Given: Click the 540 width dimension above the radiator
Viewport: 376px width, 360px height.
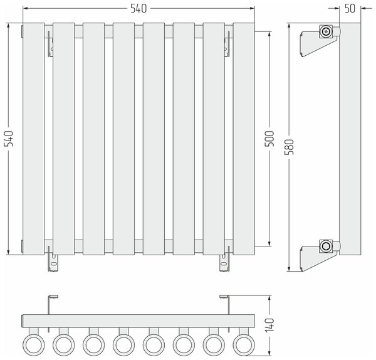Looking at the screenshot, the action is pyautogui.click(x=138, y=9).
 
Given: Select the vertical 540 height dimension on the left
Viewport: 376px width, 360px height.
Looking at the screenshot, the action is pyautogui.click(x=9, y=139).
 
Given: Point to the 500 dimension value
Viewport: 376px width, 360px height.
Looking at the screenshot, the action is pyautogui.click(x=269, y=139).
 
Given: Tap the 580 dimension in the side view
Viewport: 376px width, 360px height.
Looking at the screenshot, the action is pyautogui.click(x=289, y=147).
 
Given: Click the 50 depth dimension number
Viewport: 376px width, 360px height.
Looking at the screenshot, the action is pyautogui.click(x=350, y=9).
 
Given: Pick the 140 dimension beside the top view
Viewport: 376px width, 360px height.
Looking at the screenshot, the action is pyautogui.click(x=269, y=326).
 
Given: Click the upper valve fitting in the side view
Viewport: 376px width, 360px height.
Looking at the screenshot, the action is pyautogui.click(x=326, y=31).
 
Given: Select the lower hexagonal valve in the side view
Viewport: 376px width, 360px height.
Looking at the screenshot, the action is pyautogui.click(x=326, y=246).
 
